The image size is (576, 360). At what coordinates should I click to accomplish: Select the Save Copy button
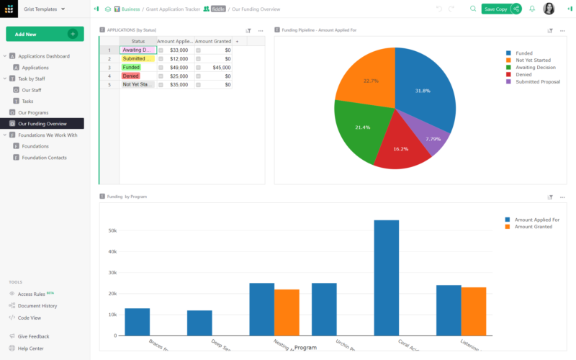click(x=495, y=9)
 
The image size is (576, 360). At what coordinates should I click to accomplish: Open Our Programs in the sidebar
click(x=33, y=112)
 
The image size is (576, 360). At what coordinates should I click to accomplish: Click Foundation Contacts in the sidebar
click(x=45, y=157)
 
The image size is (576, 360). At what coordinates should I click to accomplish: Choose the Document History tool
click(x=37, y=306)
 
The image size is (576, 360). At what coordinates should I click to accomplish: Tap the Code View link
click(x=29, y=318)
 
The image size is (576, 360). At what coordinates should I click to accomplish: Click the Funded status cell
click(x=137, y=67)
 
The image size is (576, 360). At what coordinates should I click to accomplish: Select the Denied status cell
click(x=137, y=76)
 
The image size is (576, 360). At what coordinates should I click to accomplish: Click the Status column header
click(x=138, y=41)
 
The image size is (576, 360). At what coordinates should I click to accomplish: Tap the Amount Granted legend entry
click(x=533, y=227)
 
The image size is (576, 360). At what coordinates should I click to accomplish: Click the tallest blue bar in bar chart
click(x=386, y=277)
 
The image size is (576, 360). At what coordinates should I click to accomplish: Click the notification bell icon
click(x=532, y=9)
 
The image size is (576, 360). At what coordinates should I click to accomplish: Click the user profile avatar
click(x=549, y=9)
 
